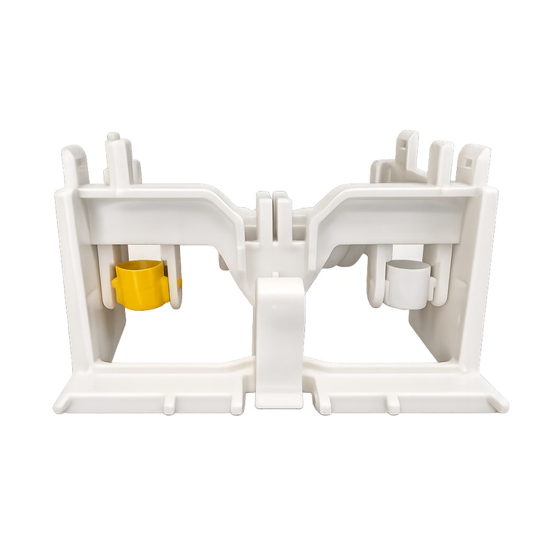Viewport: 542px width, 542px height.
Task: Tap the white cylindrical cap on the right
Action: pyautogui.click(x=407, y=284)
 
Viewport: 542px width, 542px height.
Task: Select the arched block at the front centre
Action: pyautogui.click(x=279, y=339)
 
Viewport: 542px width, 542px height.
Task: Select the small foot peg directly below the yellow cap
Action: pyautogui.click(x=169, y=404)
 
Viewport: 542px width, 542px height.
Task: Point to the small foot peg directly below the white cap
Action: pyautogui.click(x=393, y=404)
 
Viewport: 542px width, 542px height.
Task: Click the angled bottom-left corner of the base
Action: pyautogui.click(x=64, y=403)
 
